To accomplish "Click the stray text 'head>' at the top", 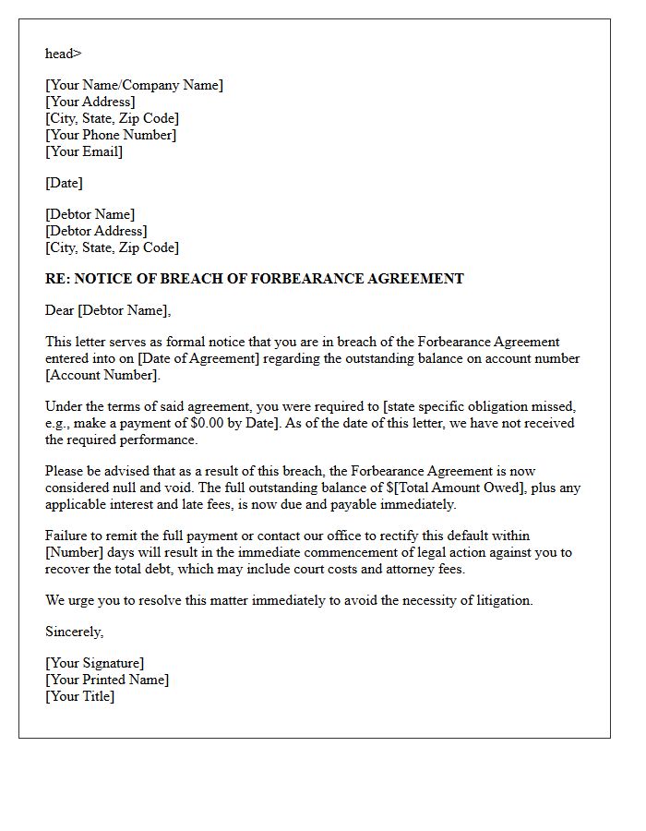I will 64,54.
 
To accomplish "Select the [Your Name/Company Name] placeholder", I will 134,85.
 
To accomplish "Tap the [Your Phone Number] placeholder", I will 111,135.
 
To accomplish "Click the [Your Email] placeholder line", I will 84,151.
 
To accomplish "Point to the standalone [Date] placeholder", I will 64,183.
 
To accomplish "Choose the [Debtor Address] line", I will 96,231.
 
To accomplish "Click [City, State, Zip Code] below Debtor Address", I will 112,247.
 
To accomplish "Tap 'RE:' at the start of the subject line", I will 57,279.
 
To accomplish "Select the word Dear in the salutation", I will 59,310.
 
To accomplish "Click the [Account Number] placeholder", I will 102,375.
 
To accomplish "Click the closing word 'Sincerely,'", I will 75,632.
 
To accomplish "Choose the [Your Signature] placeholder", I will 95,663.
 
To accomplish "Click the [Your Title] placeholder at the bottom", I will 79,696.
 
